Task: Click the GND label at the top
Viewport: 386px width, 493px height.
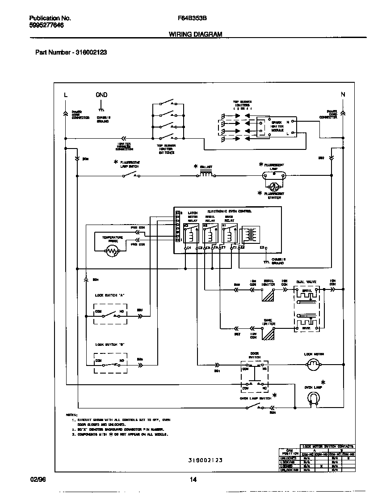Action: pos(101,95)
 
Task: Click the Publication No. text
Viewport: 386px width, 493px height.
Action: pos(50,18)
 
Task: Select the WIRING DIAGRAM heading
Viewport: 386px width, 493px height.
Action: pos(195,34)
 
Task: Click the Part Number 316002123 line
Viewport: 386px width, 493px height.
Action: pos(71,52)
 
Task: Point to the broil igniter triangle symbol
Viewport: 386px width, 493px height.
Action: pos(268,297)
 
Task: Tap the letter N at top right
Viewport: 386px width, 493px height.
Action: pos(343,94)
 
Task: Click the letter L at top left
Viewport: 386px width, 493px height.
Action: pos(66,95)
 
